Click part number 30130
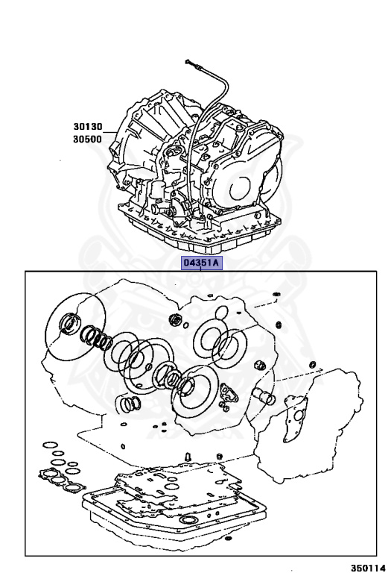[86, 128]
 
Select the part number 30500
[86, 140]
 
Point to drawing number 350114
[368, 566]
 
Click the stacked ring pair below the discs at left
[130, 405]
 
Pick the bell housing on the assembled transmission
[138, 142]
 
